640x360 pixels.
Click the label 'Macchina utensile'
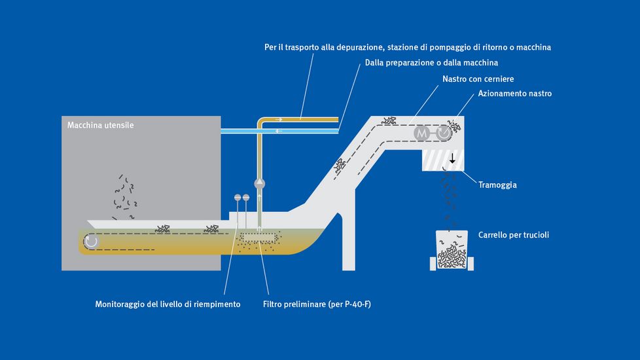pos(101,125)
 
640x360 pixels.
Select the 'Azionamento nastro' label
pos(514,94)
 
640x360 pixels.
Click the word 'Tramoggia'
pos(497,185)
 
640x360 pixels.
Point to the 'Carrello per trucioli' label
pos(513,234)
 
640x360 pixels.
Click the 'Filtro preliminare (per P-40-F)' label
pos(317,304)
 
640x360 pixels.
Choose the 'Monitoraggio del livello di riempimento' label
pos(168,304)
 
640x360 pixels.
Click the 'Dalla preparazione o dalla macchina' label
pos(431,63)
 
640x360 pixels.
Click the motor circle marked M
pos(422,133)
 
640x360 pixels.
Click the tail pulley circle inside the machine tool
pos(91,241)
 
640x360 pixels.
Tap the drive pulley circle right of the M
pos(444,133)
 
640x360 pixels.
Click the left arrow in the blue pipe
pos(279,131)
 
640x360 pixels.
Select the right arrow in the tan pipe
pos(279,119)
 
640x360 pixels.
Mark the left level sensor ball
pos(237,197)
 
